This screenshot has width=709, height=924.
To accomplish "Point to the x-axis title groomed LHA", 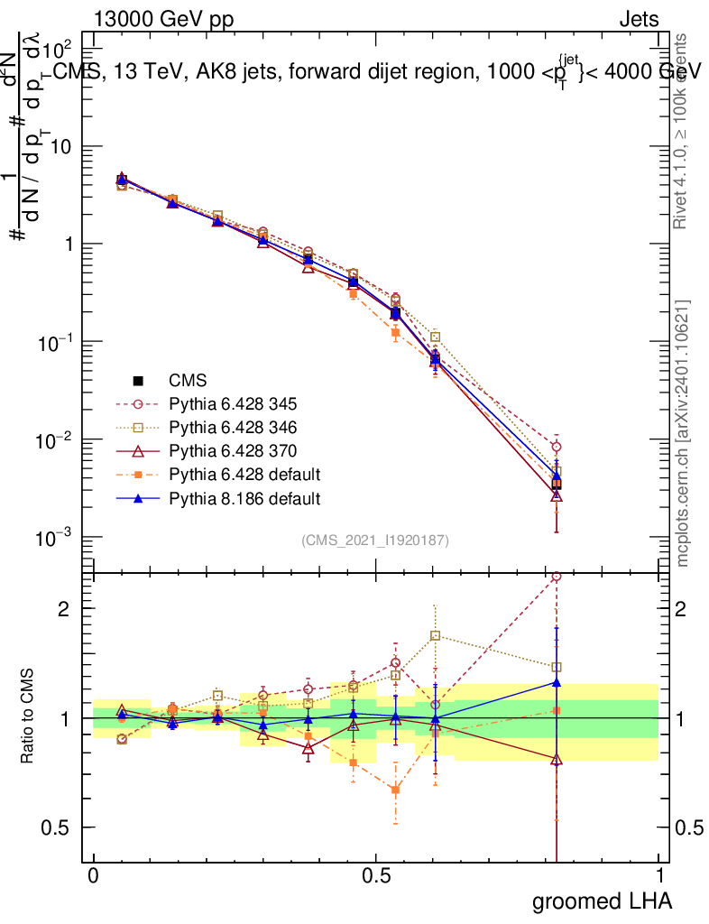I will point(602,901).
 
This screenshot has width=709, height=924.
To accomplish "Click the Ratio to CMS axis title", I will point(30,717).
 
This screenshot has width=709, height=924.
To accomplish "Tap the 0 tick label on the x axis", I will point(94,876).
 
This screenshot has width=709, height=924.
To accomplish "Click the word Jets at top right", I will point(638,20).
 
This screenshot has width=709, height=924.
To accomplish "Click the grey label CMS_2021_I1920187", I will point(375,541).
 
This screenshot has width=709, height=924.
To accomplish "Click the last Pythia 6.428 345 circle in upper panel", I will point(557,447).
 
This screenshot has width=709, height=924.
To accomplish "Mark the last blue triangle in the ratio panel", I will point(557,682).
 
